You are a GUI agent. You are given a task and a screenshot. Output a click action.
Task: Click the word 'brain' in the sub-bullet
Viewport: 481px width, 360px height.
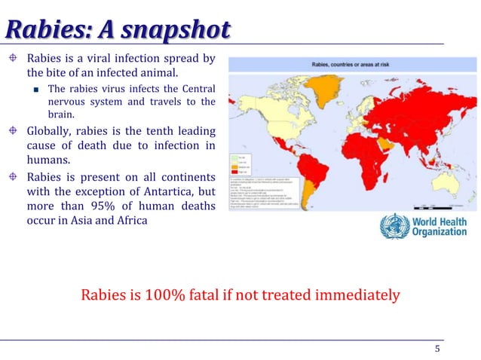(63, 114)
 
